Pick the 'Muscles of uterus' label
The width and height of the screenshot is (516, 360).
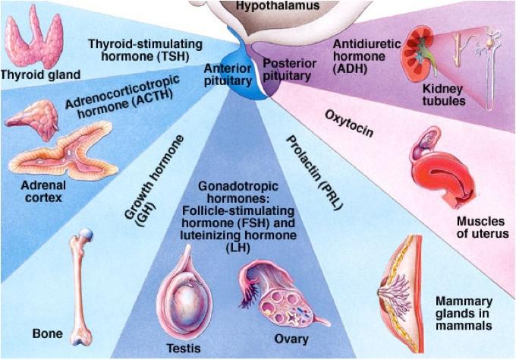(482, 227)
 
